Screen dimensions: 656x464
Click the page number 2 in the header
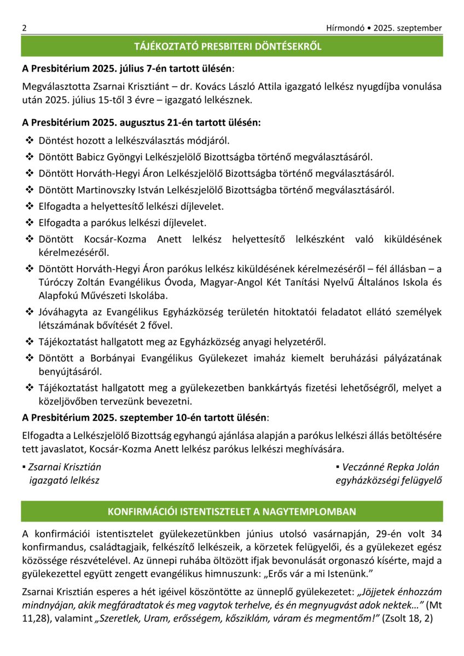(x=25, y=28)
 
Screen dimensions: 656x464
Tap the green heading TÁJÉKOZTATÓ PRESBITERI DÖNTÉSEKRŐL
(x=232, y=46)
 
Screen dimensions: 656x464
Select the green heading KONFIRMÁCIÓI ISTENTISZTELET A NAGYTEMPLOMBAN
(x=232, y=512)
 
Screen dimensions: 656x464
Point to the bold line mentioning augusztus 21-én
(x=141, y=123)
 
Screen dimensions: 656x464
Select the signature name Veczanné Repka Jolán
(x=391, y=467)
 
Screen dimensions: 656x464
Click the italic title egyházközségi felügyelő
(x=388, y=481)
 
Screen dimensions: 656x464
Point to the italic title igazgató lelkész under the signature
(x=64, y=481)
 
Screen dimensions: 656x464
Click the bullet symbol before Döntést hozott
(x=30, y=141)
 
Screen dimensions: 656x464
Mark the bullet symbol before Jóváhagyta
(x=30, y=312)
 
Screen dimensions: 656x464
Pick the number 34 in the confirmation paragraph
(x=436, y=534)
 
